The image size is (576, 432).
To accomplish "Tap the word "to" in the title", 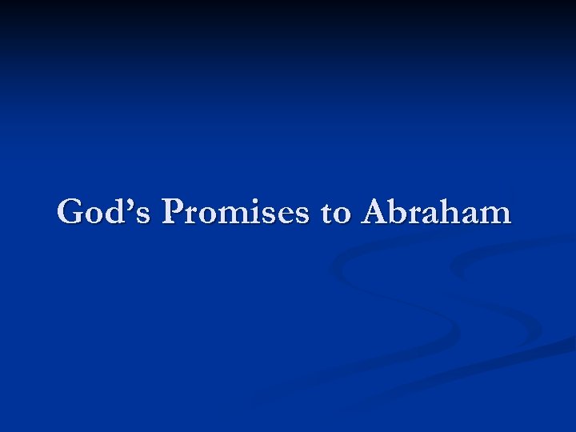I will coord(335,214).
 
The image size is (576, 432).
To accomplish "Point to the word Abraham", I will coord(436,213).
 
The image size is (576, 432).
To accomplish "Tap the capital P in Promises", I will coord(174,213).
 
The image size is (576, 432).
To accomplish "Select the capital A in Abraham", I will coord(375,213).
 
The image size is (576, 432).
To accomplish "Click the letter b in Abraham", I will coord(399,213).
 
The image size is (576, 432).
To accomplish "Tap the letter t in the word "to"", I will coord(326,214).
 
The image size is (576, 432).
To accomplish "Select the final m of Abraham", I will coord(496,215).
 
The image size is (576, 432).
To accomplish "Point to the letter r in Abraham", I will coord(418,215).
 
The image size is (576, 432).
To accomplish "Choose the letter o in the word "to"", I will coord(341,215).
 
